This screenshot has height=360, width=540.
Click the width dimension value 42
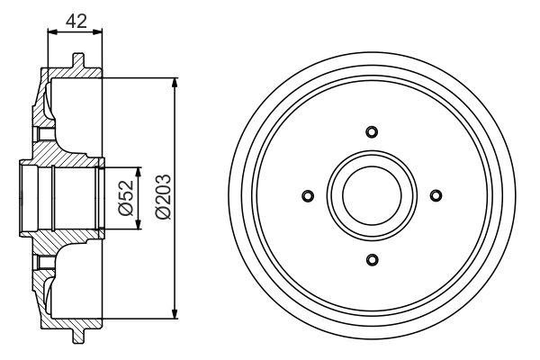tap(76, 20)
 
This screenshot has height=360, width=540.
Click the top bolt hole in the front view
tap(372, 132)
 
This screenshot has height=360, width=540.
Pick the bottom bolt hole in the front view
tap(372, 260)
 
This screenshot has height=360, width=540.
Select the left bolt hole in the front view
tap(308, 196)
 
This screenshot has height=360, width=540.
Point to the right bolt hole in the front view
tap(436, 196)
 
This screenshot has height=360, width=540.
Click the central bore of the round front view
tap(372, 196)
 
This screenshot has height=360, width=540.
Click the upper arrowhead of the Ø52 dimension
tap(139, 172)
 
